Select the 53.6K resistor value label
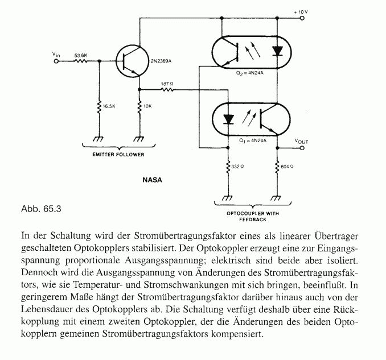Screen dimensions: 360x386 [x=81, y=55]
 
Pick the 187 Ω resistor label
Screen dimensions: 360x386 [x=167, y=83]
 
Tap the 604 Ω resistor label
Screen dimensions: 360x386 [x=288, y=167]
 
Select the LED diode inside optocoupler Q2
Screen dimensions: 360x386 [x=277, y=50]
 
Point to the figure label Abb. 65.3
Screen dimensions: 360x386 [x=41, y=208]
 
